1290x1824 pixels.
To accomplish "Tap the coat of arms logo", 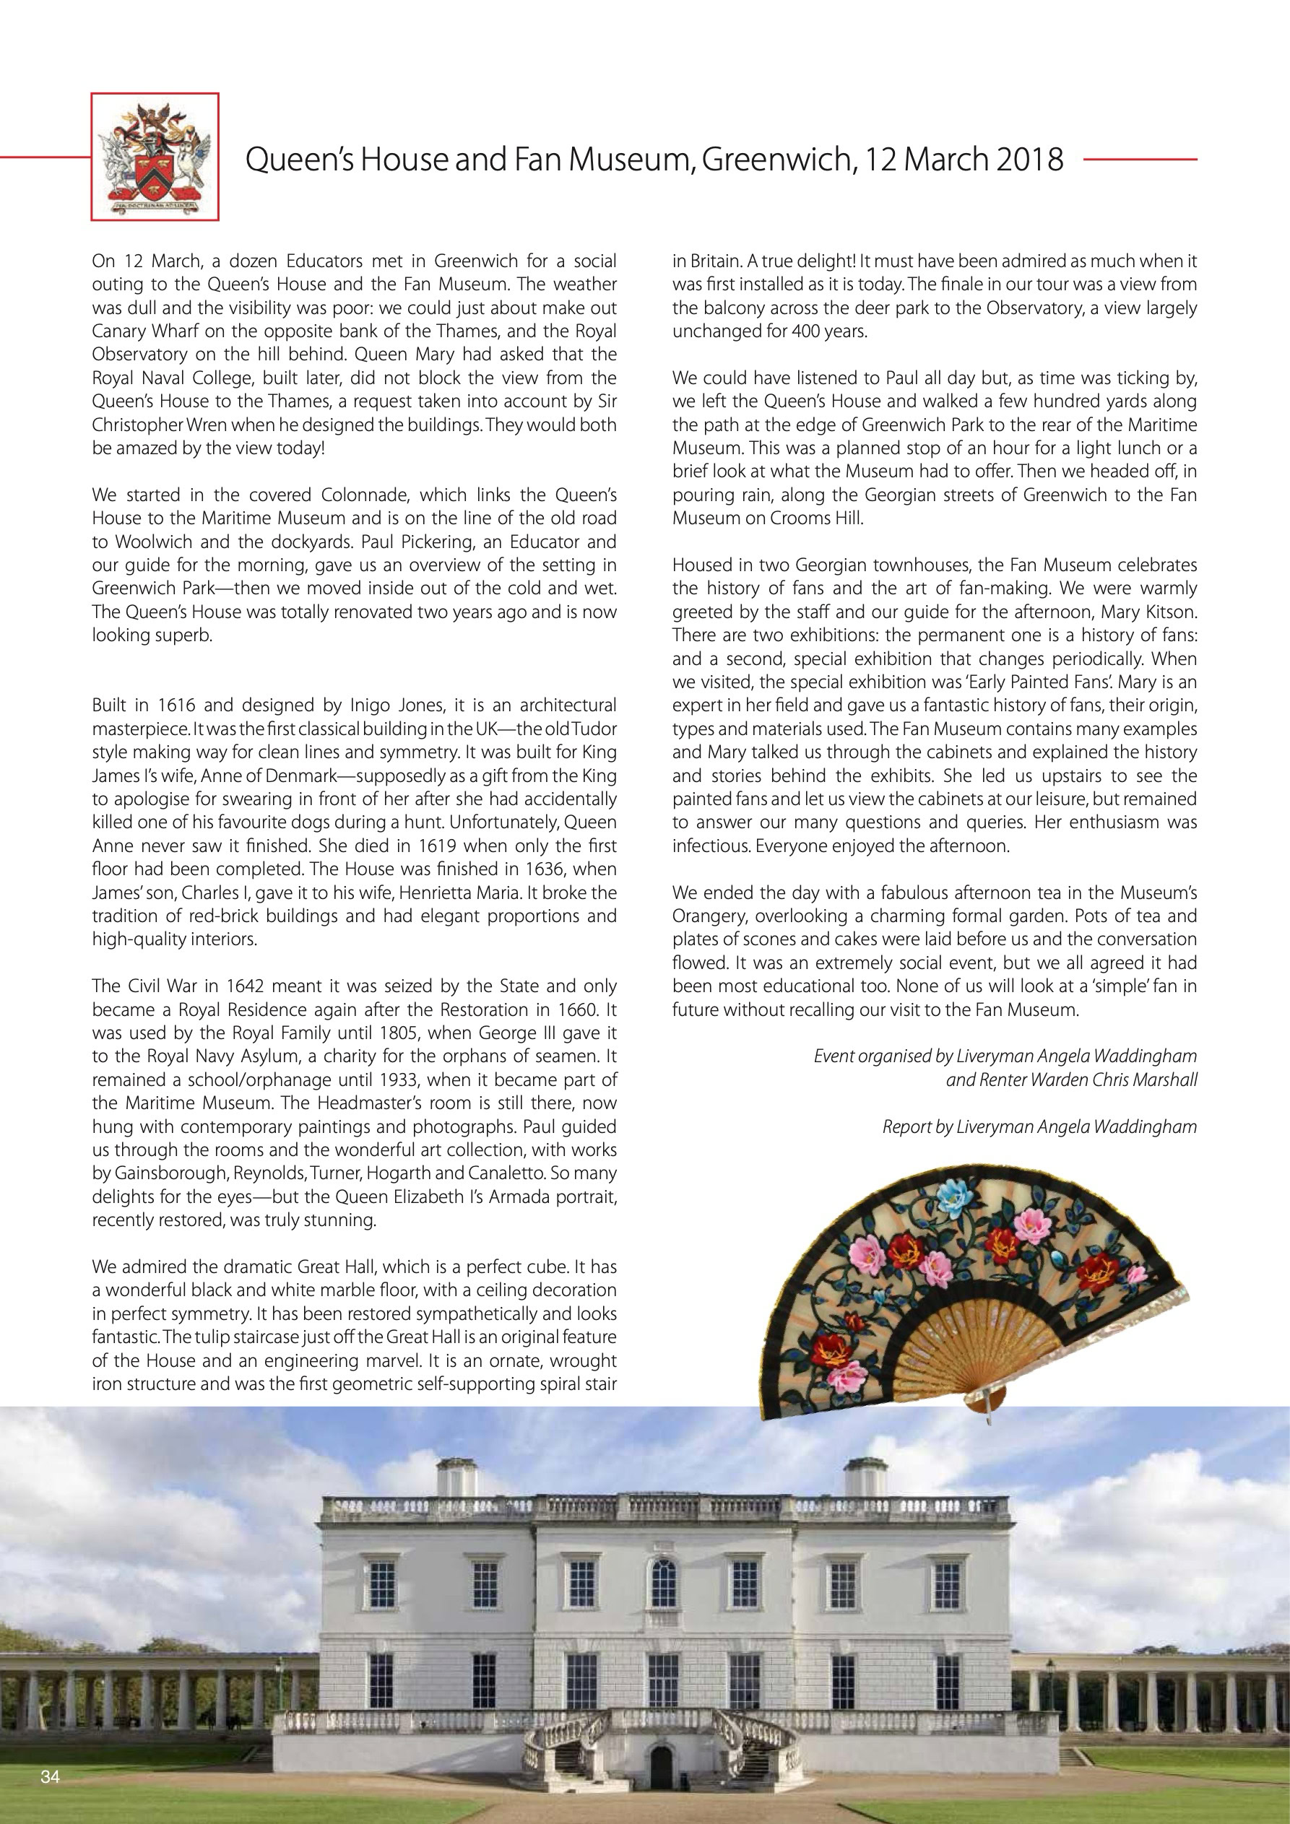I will [x=155, y=157].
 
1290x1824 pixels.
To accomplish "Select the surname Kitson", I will [x=1169, y=612].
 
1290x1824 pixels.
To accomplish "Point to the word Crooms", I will [x=777, y=518].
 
